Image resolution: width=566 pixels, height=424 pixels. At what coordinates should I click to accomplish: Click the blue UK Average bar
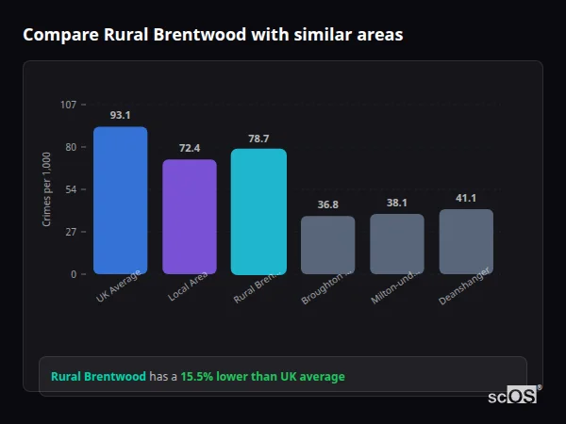coord(120,201)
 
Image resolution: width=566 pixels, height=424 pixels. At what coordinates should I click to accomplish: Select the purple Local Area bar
coord(190,217)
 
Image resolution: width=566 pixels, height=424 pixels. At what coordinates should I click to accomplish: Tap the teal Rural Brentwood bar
coord(258,212)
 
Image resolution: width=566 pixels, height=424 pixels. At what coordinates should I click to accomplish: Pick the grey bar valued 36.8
coord(328,245)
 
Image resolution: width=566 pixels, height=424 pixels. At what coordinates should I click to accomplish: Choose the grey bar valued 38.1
coord(397,244)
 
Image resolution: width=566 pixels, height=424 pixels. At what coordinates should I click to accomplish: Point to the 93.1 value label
coord(120,115)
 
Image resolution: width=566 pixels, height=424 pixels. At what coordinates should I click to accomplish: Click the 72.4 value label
coord(190,148)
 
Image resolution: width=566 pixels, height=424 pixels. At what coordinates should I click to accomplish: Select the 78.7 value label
coord(258,139)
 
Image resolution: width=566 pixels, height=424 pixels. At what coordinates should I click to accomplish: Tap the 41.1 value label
coord(466,198)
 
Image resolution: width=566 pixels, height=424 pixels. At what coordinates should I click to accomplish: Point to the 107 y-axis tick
coord(68,104)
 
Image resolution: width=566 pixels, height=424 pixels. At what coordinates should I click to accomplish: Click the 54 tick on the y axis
coord(70,189)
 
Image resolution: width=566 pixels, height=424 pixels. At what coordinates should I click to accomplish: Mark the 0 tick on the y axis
coord(73,274)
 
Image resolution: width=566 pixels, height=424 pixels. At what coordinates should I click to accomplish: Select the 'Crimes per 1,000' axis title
coord(47,189)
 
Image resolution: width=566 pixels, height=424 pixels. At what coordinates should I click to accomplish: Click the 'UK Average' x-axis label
coord(119,287)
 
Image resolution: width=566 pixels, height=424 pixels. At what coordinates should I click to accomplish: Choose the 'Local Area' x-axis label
coord(187,287)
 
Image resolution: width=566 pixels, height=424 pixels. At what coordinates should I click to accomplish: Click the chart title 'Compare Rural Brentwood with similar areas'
coord(212,35)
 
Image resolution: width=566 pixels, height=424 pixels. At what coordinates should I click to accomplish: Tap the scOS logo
coord(513,396)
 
